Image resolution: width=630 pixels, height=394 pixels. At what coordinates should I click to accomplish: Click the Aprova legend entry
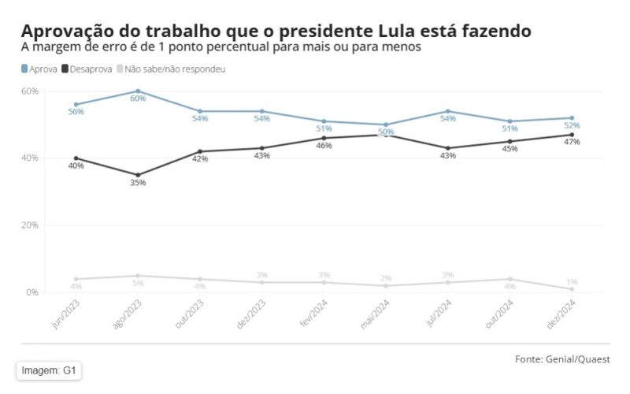39,69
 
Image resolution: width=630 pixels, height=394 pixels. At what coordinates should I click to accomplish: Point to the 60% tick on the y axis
29,91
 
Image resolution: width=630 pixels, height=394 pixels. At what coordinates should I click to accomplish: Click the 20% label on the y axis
29,225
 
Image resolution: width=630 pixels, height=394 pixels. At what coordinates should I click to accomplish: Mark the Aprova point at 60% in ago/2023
138,91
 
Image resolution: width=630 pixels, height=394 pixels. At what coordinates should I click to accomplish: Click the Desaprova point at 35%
138,175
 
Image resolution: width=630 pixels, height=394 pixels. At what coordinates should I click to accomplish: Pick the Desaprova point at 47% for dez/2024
572,135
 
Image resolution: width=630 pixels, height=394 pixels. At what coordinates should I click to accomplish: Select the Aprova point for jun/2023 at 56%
76,105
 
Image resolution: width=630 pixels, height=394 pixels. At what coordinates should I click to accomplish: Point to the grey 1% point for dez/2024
572,289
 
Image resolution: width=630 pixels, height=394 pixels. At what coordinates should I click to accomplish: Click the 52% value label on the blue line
572,126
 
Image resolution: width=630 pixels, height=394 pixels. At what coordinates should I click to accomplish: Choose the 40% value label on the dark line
76,166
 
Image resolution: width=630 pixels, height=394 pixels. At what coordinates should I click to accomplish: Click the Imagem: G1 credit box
49,370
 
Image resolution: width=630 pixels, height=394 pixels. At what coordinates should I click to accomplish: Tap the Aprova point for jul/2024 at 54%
448,111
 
